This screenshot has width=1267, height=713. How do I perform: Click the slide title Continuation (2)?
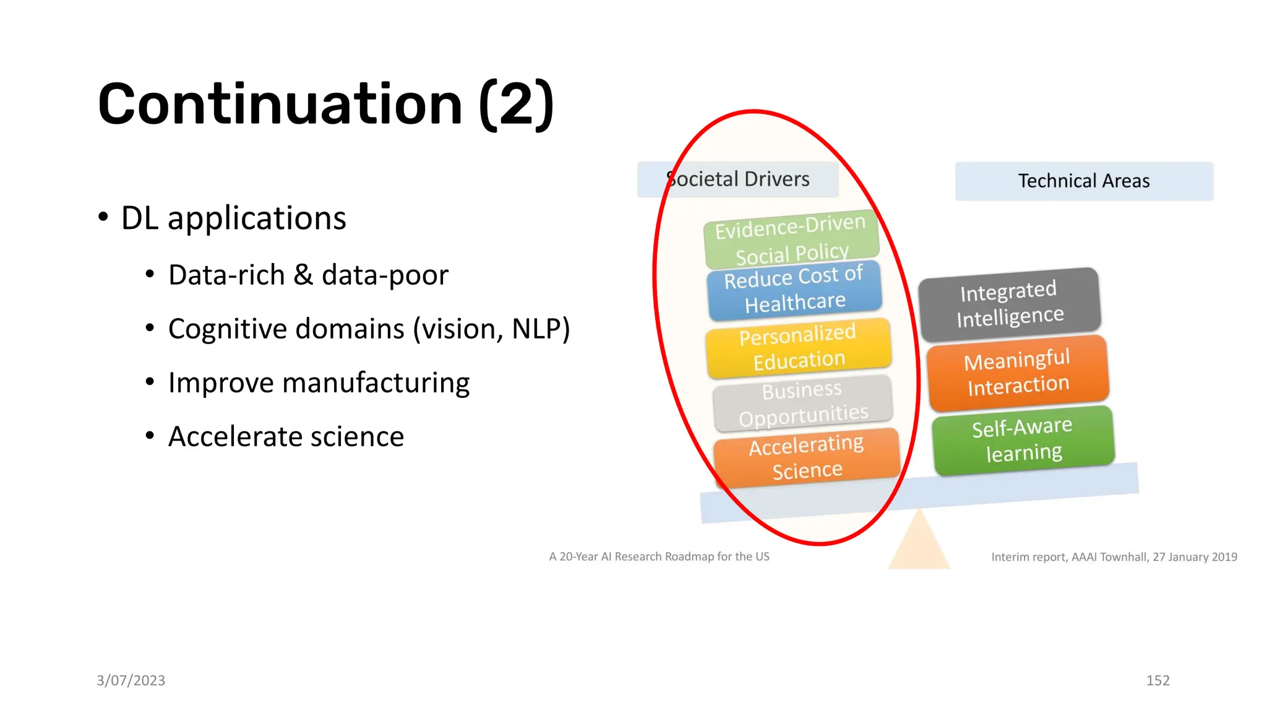(x=325, y=104)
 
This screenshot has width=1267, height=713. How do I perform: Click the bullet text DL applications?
(x=233, y=218)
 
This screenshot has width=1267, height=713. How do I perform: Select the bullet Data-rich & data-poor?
(x=307, y=275)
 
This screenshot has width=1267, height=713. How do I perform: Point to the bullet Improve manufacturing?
(x=319, y=382)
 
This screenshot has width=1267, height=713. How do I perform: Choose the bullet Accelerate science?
(x=286, y=436)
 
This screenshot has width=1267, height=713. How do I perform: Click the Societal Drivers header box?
(x=737, y=179)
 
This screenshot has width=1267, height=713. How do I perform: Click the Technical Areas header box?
(x=1084, y=181)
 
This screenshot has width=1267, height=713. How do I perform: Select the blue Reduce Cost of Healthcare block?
(x=794, y=290)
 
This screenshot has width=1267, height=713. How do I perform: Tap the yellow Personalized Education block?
(x=798, y=347)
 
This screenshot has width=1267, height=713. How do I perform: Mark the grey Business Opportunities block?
(x=802, y=403)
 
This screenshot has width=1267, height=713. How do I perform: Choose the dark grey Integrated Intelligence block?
(x=1010, y=304)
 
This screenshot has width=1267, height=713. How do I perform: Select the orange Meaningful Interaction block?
(x=1018, y=373)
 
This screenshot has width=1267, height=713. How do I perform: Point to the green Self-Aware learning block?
(x=1023, y=440)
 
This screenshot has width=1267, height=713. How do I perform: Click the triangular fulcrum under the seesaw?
(x=919, y=545)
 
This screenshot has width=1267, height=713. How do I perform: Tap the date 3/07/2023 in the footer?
(x=131, y=680)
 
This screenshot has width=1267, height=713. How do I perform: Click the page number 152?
(x=1157, y=680)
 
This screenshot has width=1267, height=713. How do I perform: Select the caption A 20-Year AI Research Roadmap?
(x=659, y=556)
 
